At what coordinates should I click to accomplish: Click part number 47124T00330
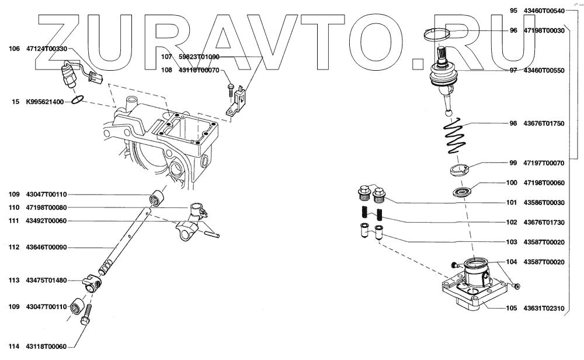coord(47,49)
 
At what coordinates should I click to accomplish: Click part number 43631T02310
coord(544,308)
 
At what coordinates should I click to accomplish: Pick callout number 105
coord(511,308)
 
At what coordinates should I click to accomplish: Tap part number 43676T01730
coord(544,222)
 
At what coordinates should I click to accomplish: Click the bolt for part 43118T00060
coord(86,315)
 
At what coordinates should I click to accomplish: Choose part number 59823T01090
coord(199,57)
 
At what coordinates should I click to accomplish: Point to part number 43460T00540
coord(544,11)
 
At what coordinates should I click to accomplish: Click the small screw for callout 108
coord(231,88)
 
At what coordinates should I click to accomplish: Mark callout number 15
coord(16,102)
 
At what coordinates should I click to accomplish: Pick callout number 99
coord(513,163)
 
